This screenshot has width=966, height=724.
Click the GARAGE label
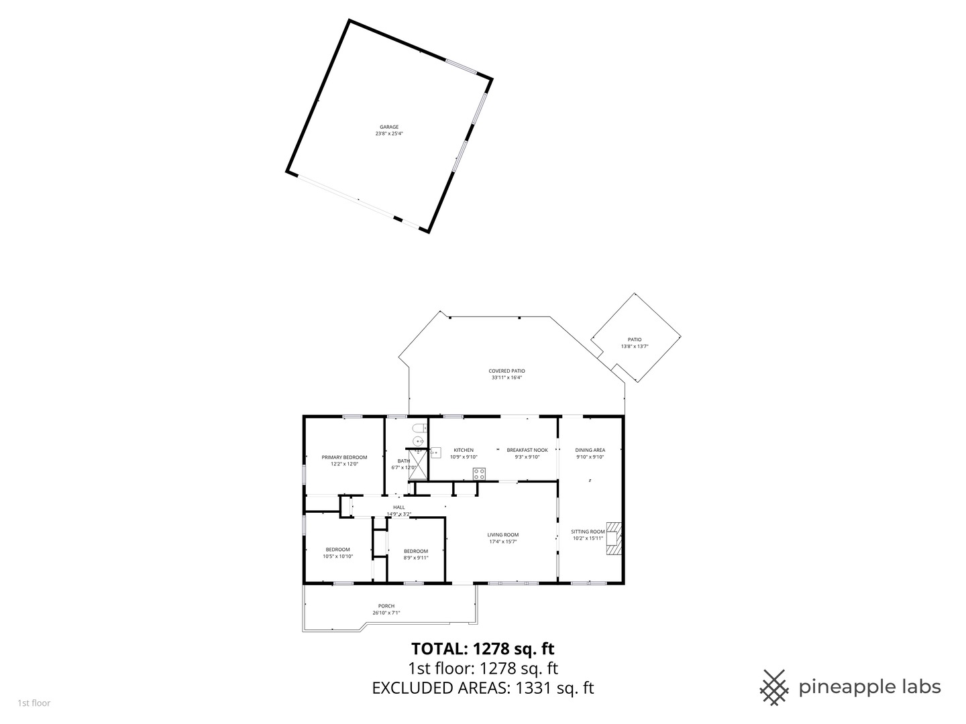tap(389, 127)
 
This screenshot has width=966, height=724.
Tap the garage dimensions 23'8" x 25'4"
tap(389, 133)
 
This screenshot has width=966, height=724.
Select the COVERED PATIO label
tap(506, 371)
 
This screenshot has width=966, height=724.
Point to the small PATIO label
tap(634, 340)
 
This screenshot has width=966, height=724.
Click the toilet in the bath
tap(419, 428)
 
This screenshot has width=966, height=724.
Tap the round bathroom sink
tap(417, 440)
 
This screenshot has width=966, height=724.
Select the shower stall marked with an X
tap(417, 463)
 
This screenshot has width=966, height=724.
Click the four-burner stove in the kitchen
tap(479, 473)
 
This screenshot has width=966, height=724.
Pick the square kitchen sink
tap(435, 452)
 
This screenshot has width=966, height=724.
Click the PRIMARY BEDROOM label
tap(344, 457)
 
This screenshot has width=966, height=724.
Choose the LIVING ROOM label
tap(503, 535)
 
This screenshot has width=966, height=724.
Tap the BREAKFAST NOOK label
tap(527, 450)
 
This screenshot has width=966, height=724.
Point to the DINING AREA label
tap(590, 450)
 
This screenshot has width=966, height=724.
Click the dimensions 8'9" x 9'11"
tap(416, 558)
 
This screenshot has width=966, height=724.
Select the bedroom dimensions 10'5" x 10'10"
tap(337, 556)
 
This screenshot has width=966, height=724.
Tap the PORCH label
tap(386, 606)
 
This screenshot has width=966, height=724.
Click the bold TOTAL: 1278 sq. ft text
tap(483, 648)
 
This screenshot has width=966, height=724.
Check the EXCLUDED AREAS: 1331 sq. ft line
tap(483, 688)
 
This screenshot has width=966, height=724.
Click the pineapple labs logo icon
tap(774, 687)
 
